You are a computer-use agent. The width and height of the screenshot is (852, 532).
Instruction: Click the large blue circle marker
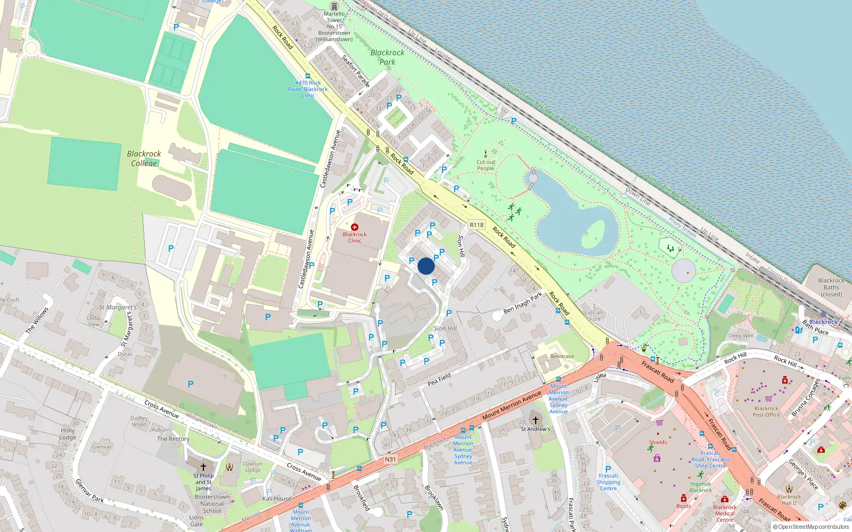(426, 266)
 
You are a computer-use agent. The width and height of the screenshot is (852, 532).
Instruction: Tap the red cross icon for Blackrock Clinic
(355, 227)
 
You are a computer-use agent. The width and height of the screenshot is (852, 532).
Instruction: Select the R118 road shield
(477, 225)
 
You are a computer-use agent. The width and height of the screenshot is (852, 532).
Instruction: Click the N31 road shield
(390, 459)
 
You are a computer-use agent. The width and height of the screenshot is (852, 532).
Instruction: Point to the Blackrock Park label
(387, 57)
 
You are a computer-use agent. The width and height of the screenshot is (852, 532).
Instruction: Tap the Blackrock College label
(144, 159)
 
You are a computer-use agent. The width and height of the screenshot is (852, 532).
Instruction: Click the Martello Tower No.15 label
(334, 26)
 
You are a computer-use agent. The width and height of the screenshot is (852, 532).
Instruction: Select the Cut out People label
(486, 165)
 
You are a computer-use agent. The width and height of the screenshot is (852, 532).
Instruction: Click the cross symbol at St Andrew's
(536, 420)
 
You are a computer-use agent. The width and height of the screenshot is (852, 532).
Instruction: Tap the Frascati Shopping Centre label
(608, 482)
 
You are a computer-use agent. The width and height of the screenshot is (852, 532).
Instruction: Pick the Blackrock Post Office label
(766, 411)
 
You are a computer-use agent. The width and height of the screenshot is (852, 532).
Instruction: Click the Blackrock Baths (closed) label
(831, 287)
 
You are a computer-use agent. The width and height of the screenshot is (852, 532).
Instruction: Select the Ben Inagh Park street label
(523, 302)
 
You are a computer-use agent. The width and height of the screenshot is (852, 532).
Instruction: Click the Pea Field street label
(439, 379)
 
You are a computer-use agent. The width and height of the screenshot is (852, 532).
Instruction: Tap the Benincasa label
(562, 356)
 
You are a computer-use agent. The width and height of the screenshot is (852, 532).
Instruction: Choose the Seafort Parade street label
(356, 71)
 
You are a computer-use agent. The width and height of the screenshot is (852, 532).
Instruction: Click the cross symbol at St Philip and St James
(203, 467)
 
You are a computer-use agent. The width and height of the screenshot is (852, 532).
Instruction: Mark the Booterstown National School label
(212, 503)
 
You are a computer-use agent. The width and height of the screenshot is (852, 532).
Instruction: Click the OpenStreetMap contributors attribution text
(813, 527)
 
